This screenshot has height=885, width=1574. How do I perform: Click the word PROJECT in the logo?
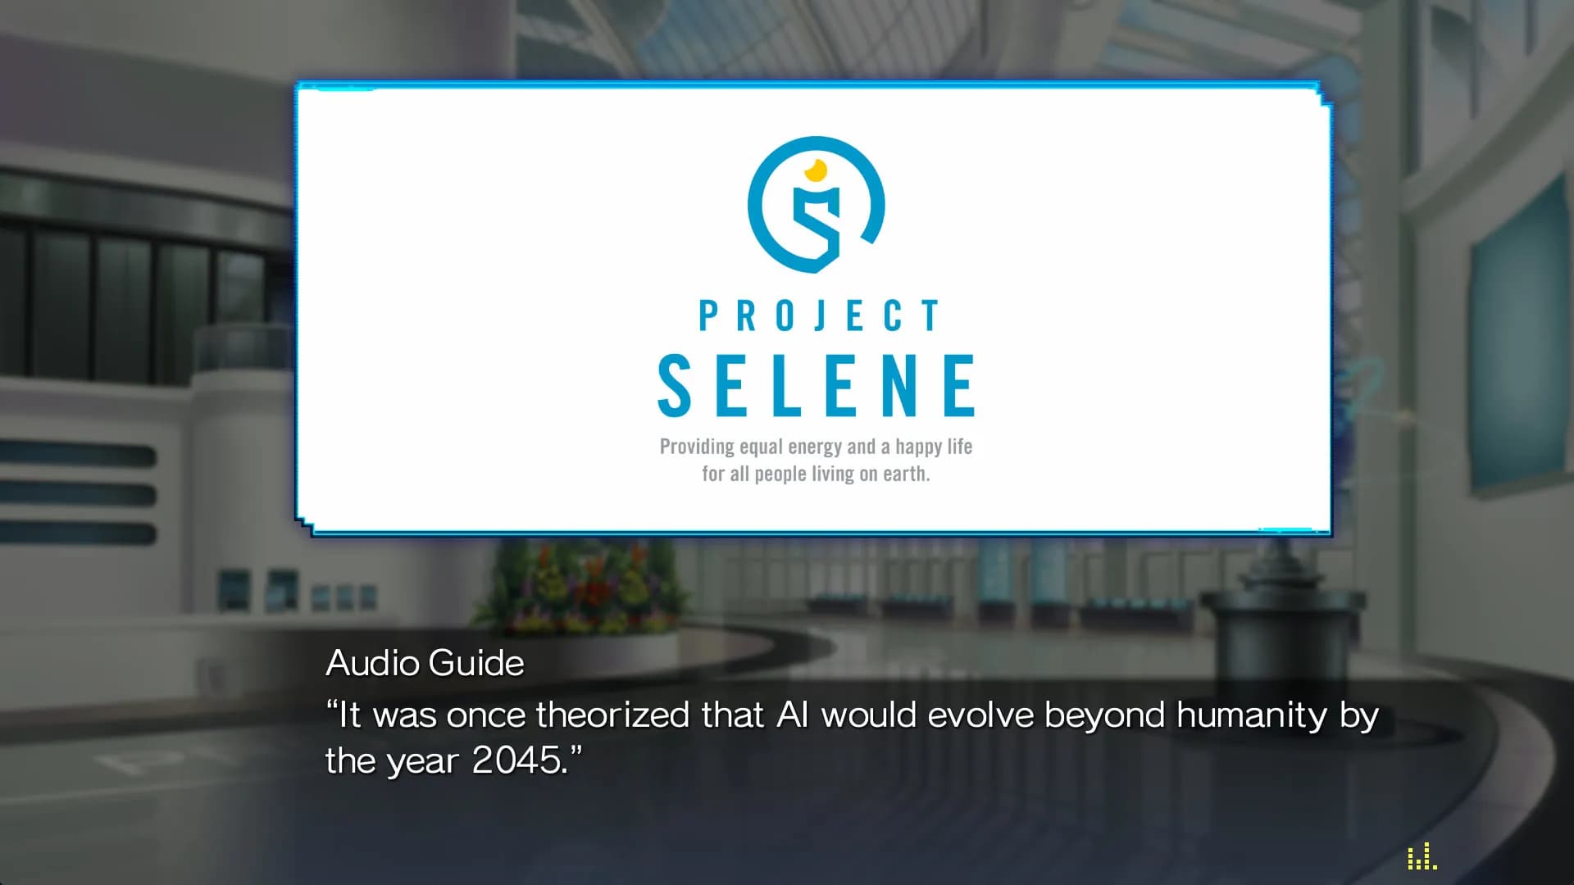tap(818, 316)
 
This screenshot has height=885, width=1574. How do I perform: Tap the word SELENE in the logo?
tap(817, 385)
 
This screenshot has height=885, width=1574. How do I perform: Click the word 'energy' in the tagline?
tap(815, 448)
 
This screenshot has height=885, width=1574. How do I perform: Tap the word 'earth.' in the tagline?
tap(906, 474)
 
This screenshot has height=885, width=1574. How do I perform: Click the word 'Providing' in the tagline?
tap(697, 447)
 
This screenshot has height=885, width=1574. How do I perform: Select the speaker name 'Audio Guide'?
tap(425, 663)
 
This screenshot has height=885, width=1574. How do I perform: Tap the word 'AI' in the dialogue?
tap(792, 715)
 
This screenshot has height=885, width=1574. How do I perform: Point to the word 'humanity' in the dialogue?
tap(1252, 716)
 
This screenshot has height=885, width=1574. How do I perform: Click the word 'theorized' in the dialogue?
tap(612, 715)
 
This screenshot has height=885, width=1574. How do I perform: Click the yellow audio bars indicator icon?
tap(1422, 856)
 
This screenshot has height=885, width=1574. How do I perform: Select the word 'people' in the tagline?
tap(780, 474)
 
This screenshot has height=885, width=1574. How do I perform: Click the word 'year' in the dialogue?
tap(422, 763)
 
